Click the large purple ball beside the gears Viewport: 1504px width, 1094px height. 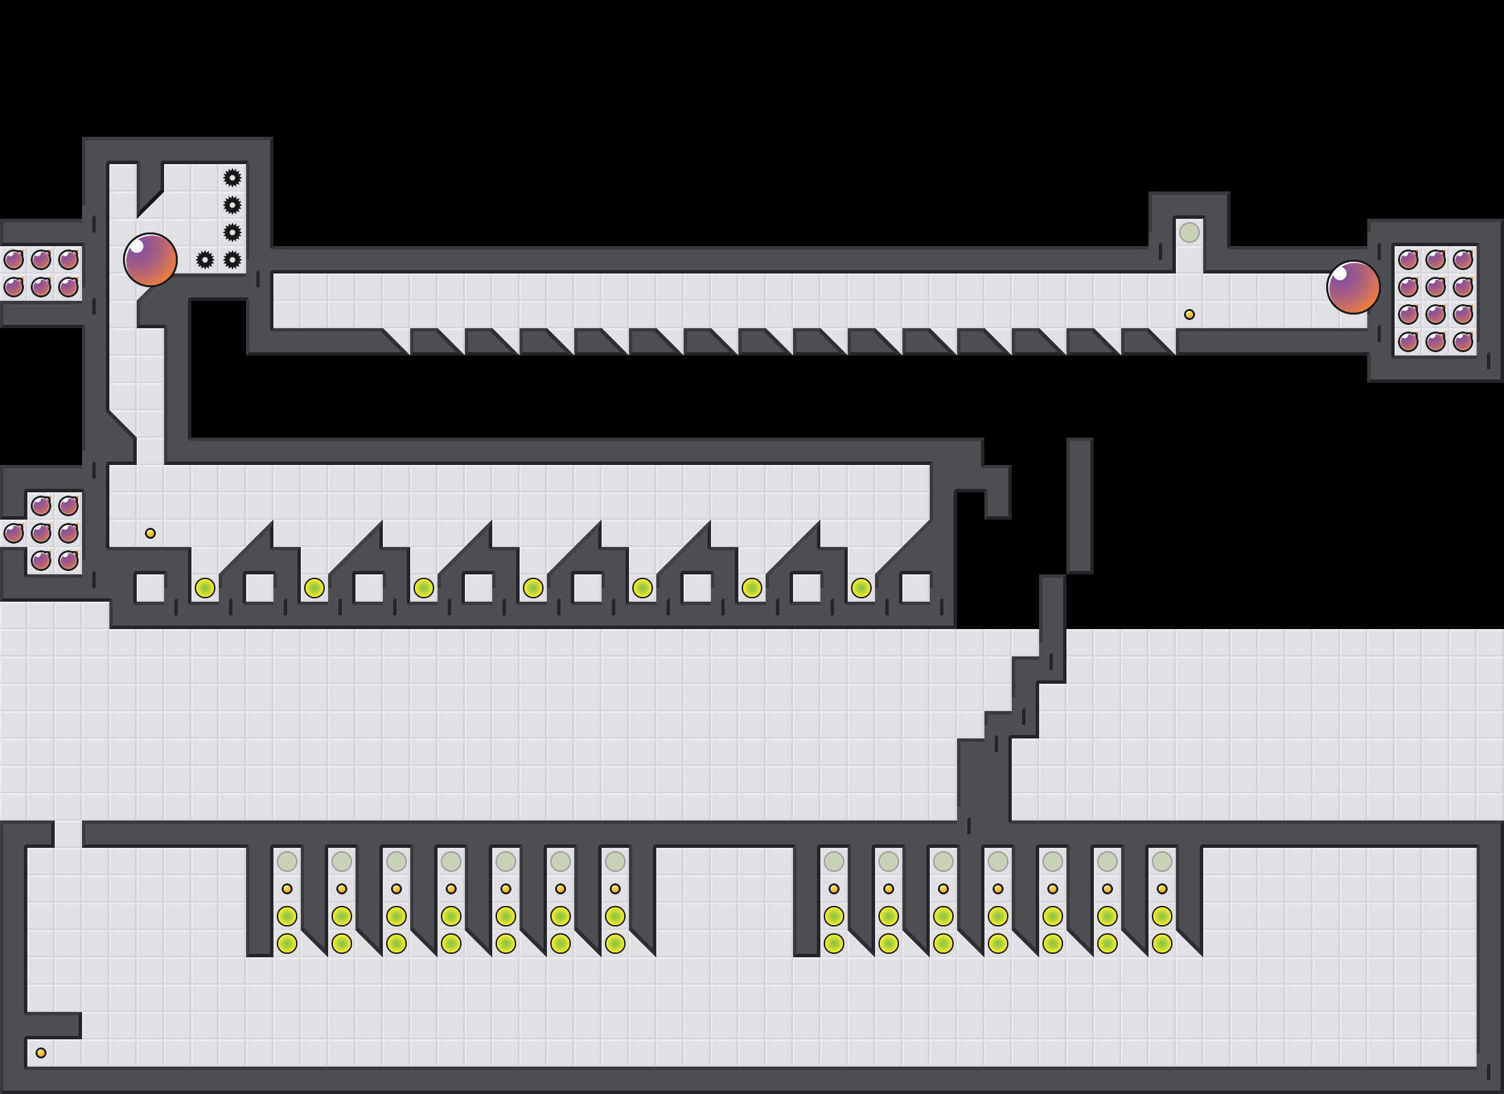pos(150,260)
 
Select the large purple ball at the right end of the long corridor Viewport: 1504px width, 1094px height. pos(1354,287)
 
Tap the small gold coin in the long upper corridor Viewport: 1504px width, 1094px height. pos(1190,315)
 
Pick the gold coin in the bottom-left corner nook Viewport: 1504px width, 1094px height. pos(41,1053)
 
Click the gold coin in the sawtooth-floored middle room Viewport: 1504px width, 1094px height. pos(150,533)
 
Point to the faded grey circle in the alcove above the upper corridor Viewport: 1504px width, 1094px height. pos(1190,232)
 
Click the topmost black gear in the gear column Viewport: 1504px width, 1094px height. pos(232,178)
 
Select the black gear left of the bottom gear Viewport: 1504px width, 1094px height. pos(205,260)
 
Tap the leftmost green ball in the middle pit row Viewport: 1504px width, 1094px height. pos(205,588)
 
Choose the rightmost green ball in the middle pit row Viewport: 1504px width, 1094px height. pos(861,588)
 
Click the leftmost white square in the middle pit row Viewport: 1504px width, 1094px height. pos(150,588)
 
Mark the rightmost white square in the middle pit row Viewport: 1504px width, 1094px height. pos(916,588)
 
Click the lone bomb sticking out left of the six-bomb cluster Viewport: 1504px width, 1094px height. pos(14,533)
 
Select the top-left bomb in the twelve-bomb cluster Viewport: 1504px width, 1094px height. pos(1408,260)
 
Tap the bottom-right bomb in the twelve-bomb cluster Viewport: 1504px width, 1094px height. pos(1463,342)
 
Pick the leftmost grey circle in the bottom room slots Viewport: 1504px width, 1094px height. pos(287,862)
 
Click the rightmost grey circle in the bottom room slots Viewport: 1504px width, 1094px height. pos(1162,862)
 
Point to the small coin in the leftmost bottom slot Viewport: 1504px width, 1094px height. pos(287,889)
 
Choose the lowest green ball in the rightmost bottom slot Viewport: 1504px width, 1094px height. pos(1162,944)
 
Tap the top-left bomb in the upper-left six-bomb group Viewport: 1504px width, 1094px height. pos(14,260)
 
